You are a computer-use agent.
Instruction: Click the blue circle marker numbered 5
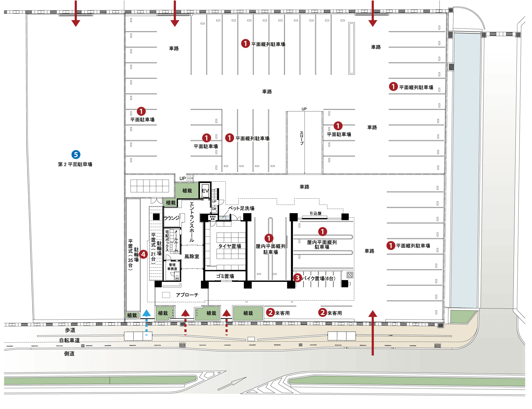(76, 154)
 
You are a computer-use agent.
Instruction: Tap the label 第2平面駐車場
(75, 164)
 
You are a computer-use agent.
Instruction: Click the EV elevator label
(205, 191)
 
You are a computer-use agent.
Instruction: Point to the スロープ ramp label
(302, 138)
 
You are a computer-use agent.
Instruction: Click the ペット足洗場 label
(241, 208)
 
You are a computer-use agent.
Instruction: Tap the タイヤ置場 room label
(230, 246)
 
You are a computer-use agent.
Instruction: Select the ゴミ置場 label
(225, 276)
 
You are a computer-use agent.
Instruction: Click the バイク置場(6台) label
(318, 278)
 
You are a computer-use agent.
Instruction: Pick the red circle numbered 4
(143, 254)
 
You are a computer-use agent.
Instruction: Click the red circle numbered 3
(297, 278)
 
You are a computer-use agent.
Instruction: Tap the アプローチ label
(187, 295)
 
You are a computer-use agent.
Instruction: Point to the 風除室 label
(192, 256)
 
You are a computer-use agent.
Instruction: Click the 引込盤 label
(316, 213)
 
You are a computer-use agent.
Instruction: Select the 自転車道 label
(69, 340)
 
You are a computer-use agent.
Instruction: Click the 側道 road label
(69, 354)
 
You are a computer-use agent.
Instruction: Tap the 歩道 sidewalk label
(70, 330)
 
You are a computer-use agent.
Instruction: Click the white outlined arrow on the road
(232, 383)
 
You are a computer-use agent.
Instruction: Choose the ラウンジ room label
(172, 218)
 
